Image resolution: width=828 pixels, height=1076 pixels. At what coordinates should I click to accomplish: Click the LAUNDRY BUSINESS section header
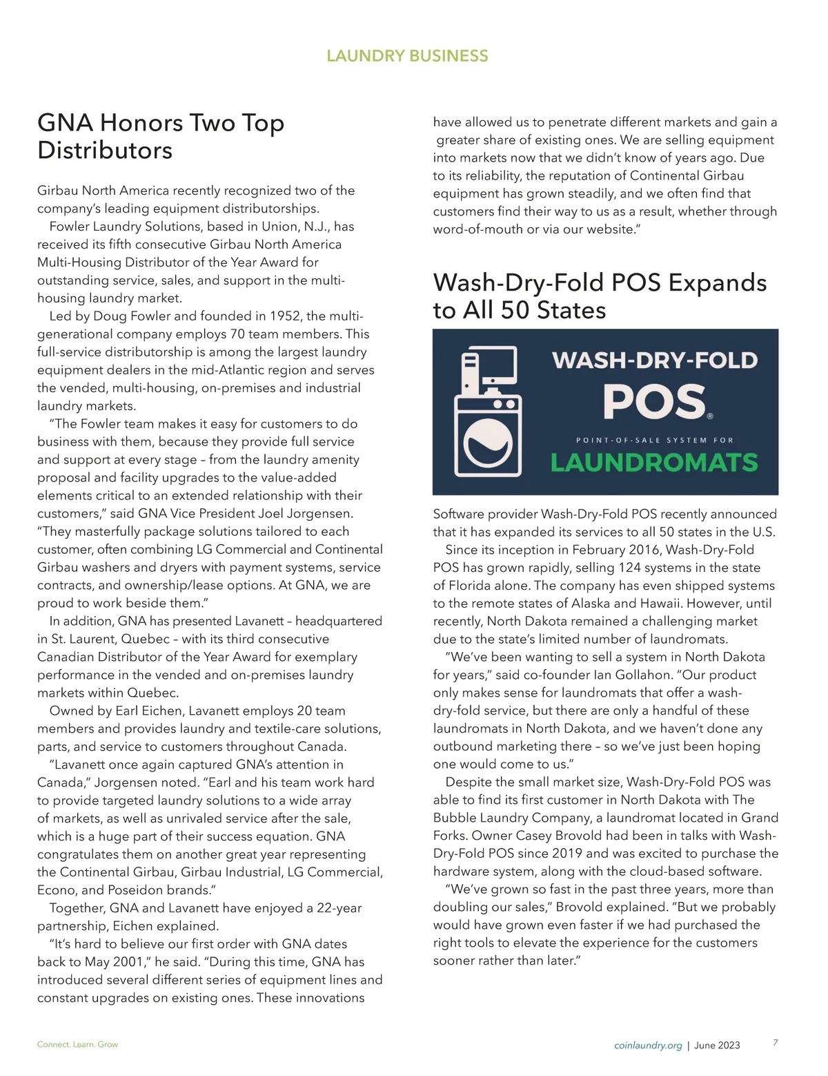pos(407,56)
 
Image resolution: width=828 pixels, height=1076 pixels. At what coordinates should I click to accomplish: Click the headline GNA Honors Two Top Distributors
pos(161,136)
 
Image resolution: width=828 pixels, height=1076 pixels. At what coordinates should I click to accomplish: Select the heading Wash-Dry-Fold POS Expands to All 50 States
pos(600,296)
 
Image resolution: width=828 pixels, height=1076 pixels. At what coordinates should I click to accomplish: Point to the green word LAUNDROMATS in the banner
pos(653,462)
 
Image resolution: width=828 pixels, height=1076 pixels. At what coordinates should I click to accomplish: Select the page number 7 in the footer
pos(776,1043)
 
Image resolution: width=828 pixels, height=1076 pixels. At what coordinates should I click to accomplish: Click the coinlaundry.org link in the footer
pos(648,1045)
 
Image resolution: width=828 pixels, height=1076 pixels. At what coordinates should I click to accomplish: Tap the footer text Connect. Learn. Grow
pos(77,1044)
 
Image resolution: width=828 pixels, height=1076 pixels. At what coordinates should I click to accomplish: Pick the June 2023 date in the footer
pos(717,1045)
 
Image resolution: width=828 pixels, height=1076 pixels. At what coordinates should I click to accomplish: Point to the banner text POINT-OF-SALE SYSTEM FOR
pos(654,440)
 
